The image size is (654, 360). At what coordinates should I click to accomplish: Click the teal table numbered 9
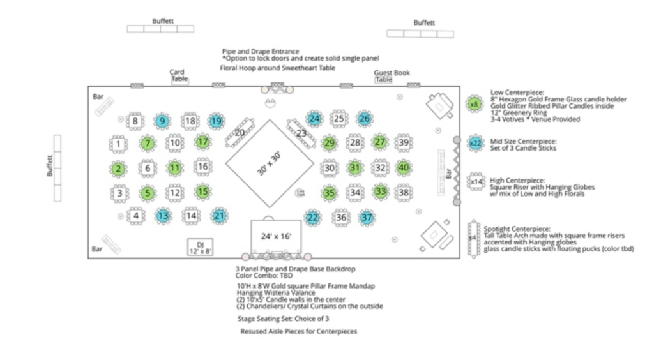tap(162, 121)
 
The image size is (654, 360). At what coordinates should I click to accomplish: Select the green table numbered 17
tap(202, 142)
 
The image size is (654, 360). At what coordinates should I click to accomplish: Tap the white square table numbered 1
tap(119, 144)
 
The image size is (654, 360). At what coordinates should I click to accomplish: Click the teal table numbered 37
tap(366, 218)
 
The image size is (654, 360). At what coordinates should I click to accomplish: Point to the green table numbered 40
tap(403, 169)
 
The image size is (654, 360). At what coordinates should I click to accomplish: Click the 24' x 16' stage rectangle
tap(276, 237)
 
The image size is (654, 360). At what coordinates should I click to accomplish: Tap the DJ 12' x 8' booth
tap(199, 247)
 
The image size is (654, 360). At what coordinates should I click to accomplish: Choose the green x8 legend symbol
tap(474, 104)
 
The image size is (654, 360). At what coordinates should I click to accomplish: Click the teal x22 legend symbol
tap(475, 143)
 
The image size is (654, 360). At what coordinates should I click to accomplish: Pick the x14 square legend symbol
tap(476, 182)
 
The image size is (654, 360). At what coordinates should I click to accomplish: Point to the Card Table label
tap(178, 75)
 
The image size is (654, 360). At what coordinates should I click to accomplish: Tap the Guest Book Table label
tap(391, 76)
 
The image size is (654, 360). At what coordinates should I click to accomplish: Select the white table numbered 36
tap(342, 218)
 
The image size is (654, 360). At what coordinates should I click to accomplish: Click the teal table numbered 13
tap(163, 216)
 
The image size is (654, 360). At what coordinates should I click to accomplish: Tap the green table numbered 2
tap(119, 169)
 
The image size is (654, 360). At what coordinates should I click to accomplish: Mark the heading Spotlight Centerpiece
tap(516, 229)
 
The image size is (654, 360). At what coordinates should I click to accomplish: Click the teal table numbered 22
tap(313, 218)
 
